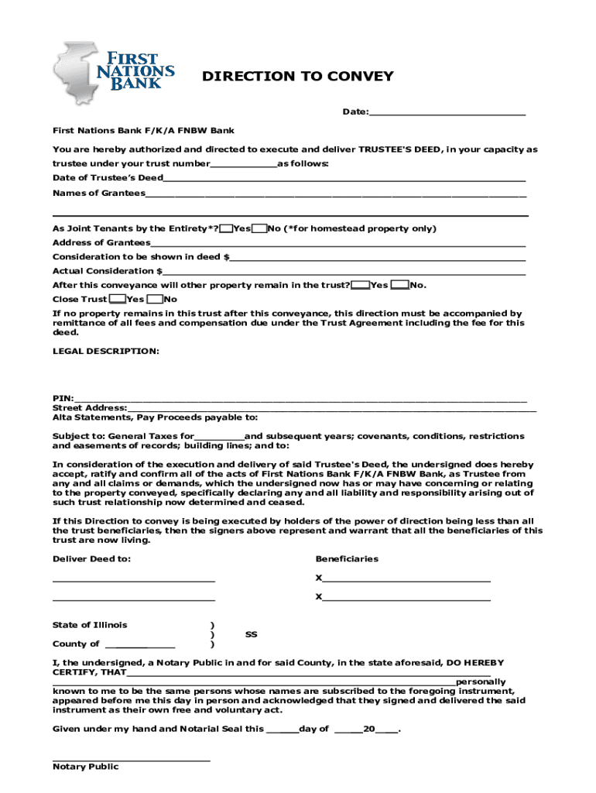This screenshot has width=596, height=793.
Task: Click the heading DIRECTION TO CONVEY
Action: [x=298, y=77]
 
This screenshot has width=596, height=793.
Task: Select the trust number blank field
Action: [x=244, y=163]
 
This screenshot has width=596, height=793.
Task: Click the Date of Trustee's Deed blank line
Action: [x=344, y=178]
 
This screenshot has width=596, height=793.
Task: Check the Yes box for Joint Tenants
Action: [x=226, y=228]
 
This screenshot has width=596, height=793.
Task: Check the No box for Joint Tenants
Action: [x=260, y=228]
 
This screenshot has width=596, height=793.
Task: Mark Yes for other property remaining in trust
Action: [x=360, y=285]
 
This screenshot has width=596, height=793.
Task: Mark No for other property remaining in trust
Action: [x=400, y=285]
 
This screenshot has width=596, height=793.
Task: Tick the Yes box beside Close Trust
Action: [x=118, y=299]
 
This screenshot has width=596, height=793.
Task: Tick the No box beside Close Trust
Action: [x=155, y=299]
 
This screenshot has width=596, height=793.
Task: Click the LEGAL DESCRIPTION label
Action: [x=105, y=352]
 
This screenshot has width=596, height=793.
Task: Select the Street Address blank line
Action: [x=331, y=408]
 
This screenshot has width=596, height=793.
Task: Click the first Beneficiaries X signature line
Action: [x=406, y=578]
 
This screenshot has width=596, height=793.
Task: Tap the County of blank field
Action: [x=139, y=644]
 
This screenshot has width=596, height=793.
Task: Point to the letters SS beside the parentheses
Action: [x=252, y=635]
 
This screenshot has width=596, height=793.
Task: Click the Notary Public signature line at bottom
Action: [x=132, y=759]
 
